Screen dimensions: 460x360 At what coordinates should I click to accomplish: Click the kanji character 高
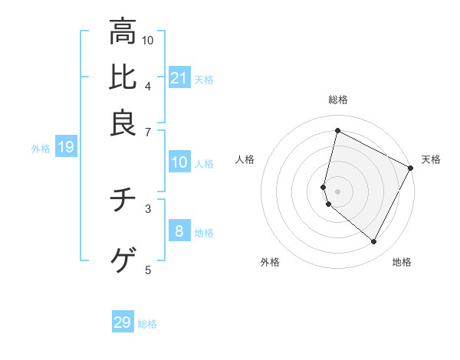pos(123,32)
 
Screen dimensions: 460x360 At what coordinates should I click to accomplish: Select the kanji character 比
pos(123,77)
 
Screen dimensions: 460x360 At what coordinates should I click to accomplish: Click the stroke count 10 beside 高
pos(148,40)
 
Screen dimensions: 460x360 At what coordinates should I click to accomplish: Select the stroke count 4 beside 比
pos(148,85)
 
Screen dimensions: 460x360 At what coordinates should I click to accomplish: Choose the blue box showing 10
pos(179,162)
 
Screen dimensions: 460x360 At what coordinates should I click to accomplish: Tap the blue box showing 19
pos(65,148)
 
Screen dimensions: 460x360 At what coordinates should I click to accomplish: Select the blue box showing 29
pos(123,322)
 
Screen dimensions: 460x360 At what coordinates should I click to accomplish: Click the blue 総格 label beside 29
pos(147,324)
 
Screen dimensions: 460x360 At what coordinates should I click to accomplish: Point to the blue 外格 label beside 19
pos(40,149)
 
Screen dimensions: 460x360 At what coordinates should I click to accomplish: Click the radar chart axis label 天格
pos(431,159)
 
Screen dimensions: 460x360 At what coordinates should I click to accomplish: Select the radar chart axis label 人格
pos(245,159)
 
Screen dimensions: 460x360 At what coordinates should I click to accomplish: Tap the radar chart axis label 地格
pos(402,263)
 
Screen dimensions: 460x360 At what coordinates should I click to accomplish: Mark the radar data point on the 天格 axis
pos(411,168)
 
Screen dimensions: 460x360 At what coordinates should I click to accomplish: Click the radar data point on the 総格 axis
pos(337,131)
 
